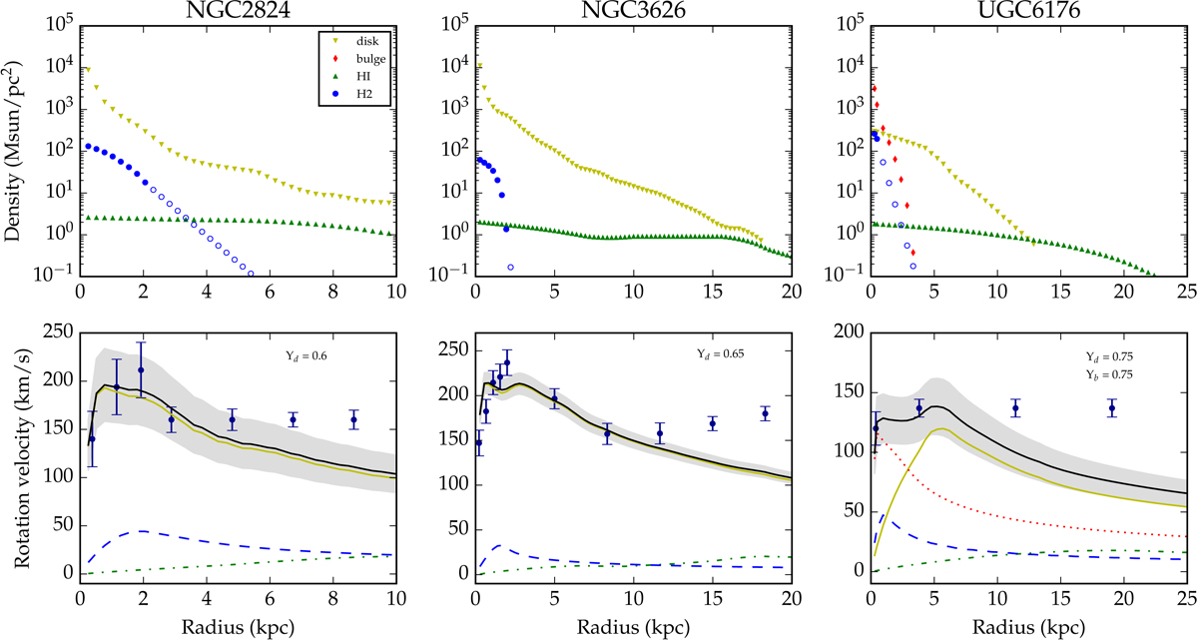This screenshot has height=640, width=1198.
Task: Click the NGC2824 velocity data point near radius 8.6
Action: click(x=353, y=420)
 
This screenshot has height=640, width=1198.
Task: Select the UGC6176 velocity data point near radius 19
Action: click(x=1111, y=409)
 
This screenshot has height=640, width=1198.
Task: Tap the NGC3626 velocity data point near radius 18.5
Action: click(x=766, y=413)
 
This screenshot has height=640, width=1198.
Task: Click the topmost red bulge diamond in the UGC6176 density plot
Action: click(x=874, y=89)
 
